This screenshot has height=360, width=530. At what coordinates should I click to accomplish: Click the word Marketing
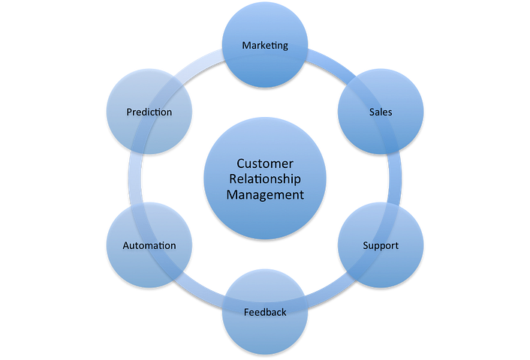point(265,46)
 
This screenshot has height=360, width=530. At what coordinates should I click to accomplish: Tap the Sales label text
point(381,112)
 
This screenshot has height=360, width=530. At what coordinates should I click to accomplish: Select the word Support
point(381,245)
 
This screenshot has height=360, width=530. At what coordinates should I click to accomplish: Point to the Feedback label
point(265,311)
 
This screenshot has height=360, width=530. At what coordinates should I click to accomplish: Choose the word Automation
point(149,245)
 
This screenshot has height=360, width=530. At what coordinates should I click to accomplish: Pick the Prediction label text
point(149,112)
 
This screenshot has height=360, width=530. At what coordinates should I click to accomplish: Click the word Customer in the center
point(265,163)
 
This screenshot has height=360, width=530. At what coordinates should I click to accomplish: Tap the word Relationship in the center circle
point(265,178)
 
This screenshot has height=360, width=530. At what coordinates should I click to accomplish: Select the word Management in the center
point(265,194)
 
